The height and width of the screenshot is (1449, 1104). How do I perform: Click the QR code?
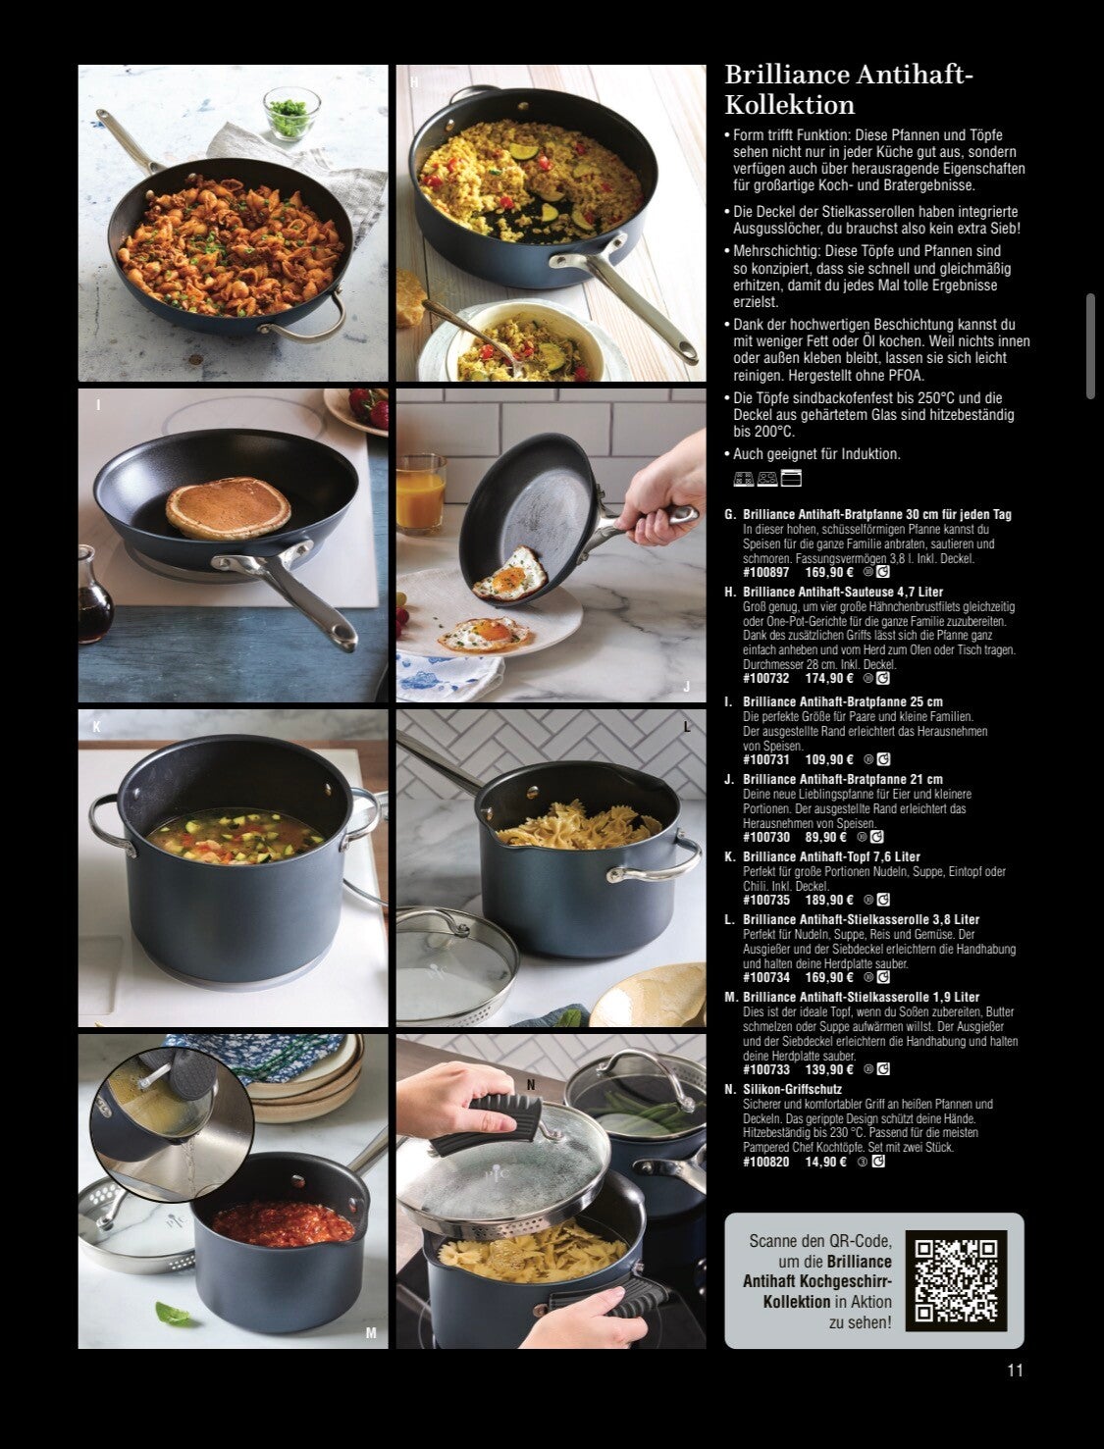pos(956,1280)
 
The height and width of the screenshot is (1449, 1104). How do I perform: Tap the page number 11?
pos(1015,1370)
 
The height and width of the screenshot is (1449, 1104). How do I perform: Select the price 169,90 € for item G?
pos(829,572)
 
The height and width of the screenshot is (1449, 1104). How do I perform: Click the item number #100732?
pos(766,678)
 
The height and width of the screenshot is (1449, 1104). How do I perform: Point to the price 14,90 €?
pos(825,1162)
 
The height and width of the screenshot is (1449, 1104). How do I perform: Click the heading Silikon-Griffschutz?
pos(792,1089)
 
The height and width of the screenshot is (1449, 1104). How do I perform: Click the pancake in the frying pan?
pos(227,507)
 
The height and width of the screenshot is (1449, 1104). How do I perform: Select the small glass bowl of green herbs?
pos(291,114)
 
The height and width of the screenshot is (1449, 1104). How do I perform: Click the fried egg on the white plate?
pos(485,635)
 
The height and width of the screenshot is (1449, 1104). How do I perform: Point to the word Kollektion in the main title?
pos(790,104)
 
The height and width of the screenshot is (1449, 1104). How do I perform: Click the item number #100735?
pos(766,900)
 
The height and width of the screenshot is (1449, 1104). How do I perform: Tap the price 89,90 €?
pos(825,837)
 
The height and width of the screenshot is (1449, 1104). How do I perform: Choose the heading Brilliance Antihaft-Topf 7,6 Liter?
pos(831,856)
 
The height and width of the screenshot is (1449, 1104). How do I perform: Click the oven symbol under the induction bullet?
pos(791,478)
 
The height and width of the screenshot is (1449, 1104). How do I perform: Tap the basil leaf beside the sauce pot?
pos(173,1313)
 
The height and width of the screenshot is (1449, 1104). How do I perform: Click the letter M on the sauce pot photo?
pos(370,1333)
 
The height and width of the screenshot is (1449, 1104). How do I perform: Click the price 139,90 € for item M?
pos(829,1068)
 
